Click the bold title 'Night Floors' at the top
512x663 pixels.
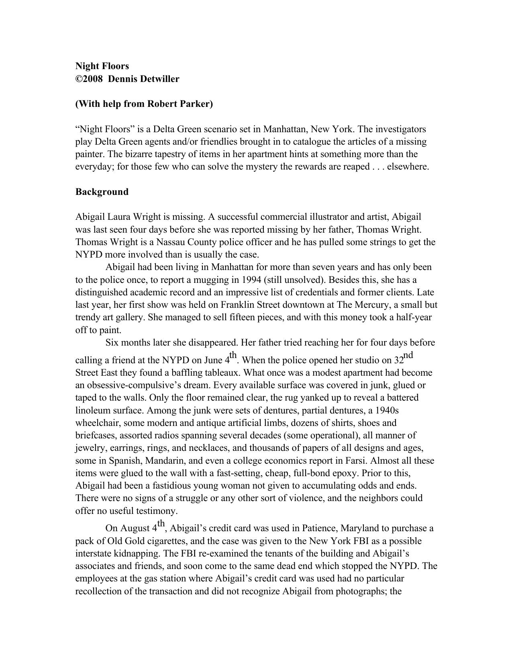pyautogui.click(x=102, y=66)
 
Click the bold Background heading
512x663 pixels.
pyautogui.click(x=102, y=192)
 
